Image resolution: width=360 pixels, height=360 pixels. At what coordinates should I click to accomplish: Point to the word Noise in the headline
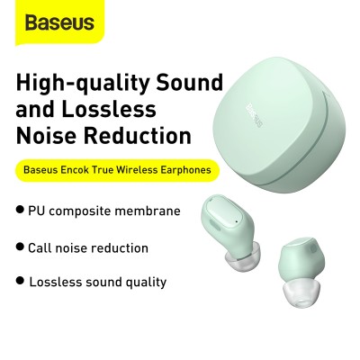[48, 137]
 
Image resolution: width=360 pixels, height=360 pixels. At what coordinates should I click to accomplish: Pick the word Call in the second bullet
[42, 247]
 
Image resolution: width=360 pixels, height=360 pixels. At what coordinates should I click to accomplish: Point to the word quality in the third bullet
[144, 282]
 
